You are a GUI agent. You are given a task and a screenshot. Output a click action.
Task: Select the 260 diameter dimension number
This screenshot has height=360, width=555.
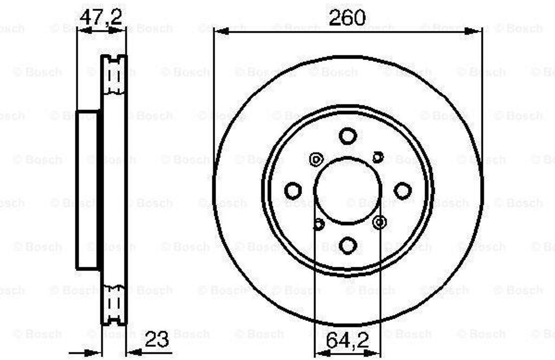pos(347,18)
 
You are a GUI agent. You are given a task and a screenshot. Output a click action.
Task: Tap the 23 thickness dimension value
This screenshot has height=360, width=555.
pos(156,340)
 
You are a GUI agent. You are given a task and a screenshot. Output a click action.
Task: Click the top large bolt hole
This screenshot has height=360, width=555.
pos(347,136)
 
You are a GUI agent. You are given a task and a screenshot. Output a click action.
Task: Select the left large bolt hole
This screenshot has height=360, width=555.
pos(293,191)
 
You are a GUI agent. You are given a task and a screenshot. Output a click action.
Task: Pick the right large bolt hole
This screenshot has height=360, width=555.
pos(403,191)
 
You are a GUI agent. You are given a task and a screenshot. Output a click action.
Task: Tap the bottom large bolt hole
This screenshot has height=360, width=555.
pos(347,245)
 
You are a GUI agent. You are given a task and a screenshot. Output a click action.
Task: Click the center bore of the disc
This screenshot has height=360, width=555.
pos(347,190)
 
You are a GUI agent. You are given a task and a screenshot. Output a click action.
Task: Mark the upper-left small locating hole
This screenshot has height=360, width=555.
pos(316,159)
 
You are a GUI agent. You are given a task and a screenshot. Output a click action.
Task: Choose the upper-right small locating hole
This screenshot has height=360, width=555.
pos(378,157)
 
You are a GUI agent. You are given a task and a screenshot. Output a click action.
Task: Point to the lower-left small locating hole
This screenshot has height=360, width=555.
pos(319,223)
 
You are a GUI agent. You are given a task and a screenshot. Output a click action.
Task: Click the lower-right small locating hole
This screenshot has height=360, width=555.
pos(379,221)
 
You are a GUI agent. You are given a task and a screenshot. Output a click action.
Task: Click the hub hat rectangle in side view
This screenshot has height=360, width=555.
pos(88,190)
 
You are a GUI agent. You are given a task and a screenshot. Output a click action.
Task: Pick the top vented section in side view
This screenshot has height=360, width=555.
pos(114,74)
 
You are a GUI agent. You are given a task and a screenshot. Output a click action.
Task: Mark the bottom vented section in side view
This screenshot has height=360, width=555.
pos(114,305)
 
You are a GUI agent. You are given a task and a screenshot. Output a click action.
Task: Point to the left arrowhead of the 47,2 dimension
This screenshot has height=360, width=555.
pos(82,31)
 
